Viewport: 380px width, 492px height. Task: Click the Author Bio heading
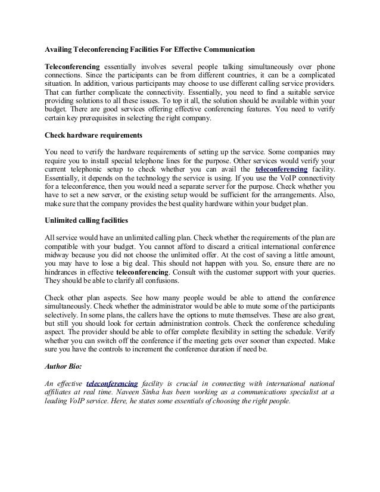click(x=66, y=366)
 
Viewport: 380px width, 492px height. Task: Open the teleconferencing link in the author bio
click(x=112, y=382)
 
